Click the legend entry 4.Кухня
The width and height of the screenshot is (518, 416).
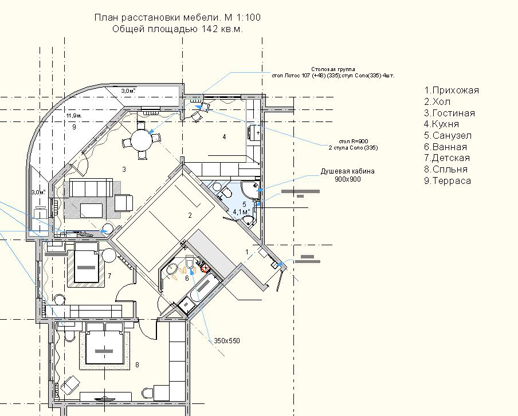[x=441, y=124]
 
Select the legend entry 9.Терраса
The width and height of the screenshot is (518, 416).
[x=448, y=181]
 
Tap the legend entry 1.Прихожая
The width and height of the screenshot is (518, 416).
[x=451, y=91]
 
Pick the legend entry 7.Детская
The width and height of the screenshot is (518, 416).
[x=447, y=158]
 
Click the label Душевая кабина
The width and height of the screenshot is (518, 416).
[x=342, y=171]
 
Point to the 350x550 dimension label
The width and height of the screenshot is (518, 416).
[x=227, y=341]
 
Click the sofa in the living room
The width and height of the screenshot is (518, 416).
[x=91, y=187]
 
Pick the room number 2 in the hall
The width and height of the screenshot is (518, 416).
[x=190, y=215]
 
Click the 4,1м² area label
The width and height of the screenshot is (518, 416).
[x=241, y=212]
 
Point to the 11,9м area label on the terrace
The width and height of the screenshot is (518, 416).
[x=74, y=116]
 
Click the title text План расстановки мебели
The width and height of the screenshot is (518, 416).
[x=177, y=18]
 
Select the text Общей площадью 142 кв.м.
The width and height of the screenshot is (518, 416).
[x=177, y=30]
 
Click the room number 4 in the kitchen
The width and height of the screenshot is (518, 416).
[x=224, y=136]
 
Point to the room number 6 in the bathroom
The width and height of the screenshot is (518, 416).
[x=187, y=278]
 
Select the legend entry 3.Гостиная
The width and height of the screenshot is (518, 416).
[x=449, y=113]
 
